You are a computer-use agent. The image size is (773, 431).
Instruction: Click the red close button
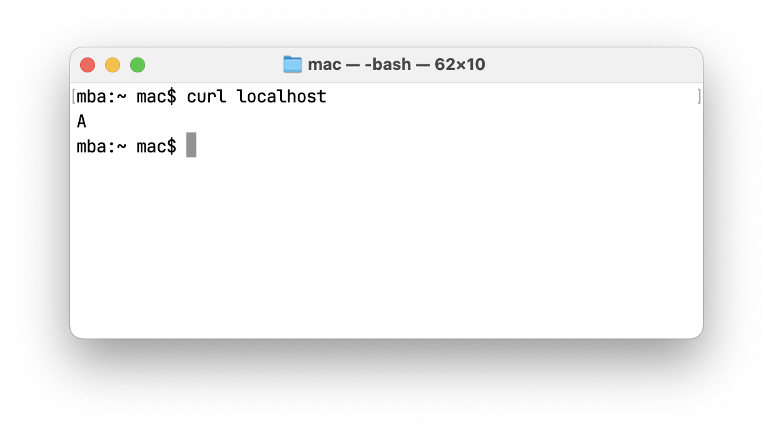click(x=88, y=65)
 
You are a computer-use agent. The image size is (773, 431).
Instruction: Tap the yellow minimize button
click(x=113, y=65)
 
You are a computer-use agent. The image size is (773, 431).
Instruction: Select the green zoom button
click(x=138, y=65)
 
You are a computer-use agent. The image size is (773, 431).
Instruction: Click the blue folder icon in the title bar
click(x=293, y=64)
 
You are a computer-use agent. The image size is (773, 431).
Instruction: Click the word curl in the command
click(x=206, y=97)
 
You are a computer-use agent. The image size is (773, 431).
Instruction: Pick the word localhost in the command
click(x=281, y=97)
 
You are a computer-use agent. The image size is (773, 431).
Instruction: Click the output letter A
click(x=81, y=122)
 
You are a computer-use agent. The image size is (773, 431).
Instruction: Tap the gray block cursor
click(x=191, y=146)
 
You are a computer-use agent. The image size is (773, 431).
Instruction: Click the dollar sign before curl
click(x=172, y=97)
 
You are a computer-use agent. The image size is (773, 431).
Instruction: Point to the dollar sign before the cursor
click(x=172, y=147)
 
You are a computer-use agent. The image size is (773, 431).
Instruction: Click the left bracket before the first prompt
click(x=74, y=97)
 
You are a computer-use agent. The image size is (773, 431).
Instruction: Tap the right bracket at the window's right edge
click(x=699, y=97)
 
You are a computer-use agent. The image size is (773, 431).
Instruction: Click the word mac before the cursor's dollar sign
click(x=151, y=147)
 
